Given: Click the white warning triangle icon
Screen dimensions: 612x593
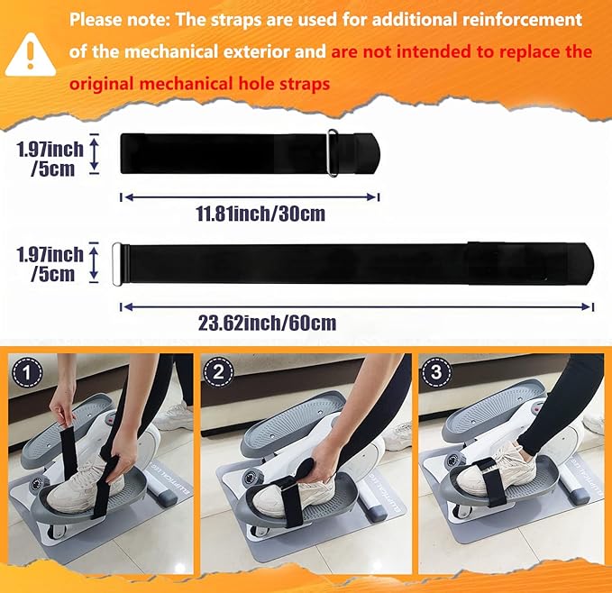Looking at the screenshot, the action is [x=30, y=55].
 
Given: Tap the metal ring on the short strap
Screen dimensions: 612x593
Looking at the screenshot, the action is [x=333, y=153].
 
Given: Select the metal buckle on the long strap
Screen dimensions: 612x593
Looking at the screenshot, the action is [x=116, y=265].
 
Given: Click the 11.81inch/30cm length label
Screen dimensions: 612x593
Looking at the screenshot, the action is [x=260, y=214].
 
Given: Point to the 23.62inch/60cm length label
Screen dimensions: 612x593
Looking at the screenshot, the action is [x=267, y=323].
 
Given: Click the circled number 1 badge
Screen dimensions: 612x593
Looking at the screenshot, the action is [x=27, y=372].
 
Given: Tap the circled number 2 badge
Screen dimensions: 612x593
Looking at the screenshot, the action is [x=218, y=371].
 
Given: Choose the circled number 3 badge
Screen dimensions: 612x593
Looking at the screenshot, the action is [x=436, y=371].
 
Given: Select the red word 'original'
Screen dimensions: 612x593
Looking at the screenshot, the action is [x=102, y=84].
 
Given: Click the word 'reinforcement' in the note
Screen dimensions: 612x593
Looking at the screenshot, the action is [x=522, y=19].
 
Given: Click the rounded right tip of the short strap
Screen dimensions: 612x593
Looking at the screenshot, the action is [x=376, y=153].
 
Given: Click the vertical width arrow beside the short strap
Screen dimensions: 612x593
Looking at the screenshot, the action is [x=94, y=153].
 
